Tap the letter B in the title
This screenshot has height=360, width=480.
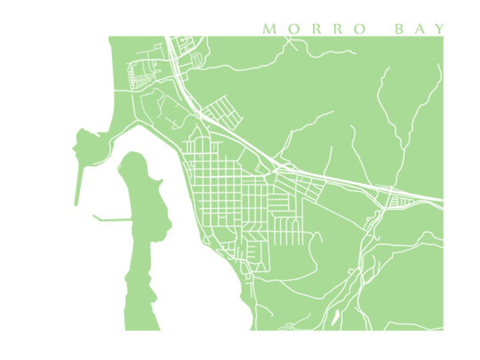(400, 29)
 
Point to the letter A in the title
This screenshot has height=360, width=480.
(420, 29)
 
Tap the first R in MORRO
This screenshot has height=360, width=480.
(316, 29)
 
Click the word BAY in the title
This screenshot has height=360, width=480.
(420, 29)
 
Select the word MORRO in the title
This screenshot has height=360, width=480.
(314, 29)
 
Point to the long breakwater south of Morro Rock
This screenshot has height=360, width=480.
(78, 184)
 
